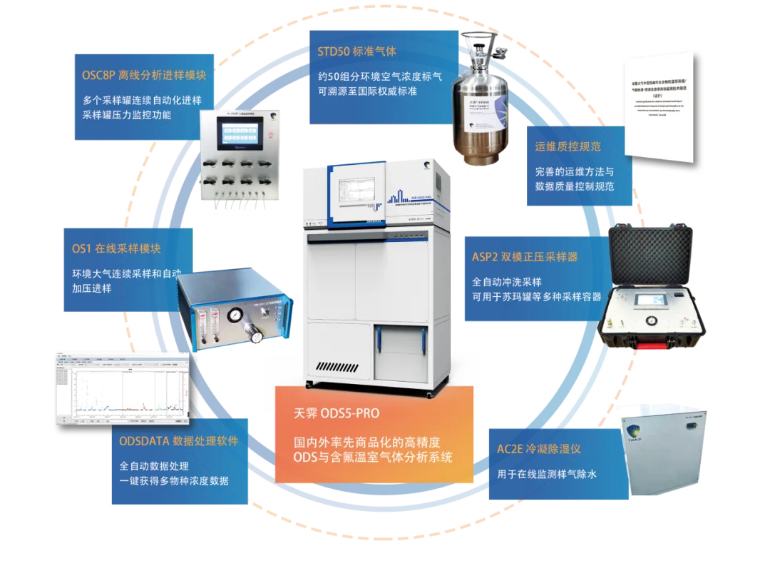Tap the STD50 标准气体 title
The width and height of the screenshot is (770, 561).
coord(357,52)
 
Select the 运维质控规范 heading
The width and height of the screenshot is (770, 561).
coord(568,147)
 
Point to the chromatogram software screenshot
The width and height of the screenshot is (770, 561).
coord(121,389)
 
